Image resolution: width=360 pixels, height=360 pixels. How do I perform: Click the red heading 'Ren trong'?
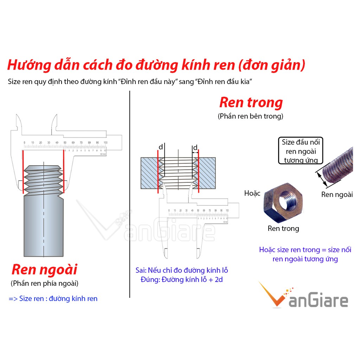point(251,103)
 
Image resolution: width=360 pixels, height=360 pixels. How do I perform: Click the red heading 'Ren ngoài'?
point(44,270)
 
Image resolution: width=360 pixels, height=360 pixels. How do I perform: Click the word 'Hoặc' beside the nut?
point(252,193)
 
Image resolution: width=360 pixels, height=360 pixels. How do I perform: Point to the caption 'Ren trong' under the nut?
point(283,229)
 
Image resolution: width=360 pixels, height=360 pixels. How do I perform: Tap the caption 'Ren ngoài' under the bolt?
point(337,194)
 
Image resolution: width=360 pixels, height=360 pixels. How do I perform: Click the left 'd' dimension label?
point(161,147)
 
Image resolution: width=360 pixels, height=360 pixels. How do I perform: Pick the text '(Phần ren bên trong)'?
point(250,116)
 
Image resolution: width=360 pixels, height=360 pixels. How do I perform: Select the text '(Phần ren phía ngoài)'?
point(45,283)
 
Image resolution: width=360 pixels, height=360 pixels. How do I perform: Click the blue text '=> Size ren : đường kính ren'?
point(53,299)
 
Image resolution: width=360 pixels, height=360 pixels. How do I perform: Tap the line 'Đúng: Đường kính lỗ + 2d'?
point(181,280)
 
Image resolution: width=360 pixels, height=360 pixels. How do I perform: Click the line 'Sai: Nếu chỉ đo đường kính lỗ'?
point(182,270)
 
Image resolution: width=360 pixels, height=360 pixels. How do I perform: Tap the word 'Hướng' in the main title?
point(26,65)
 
